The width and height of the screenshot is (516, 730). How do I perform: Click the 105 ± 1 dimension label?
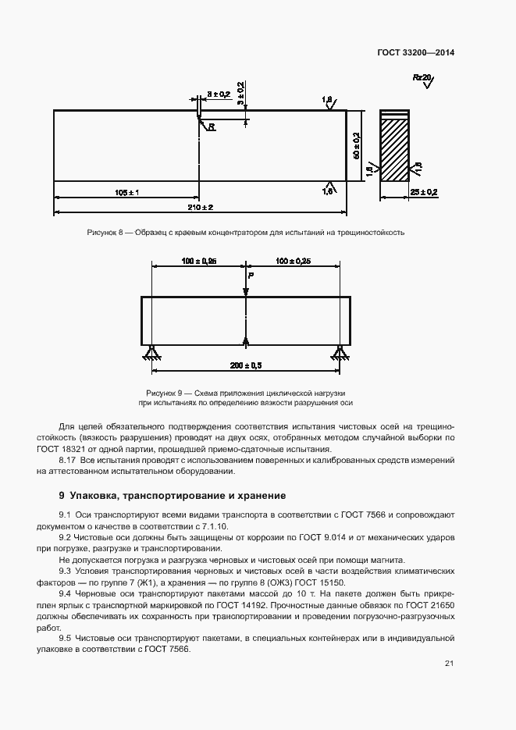(x=126, y=192)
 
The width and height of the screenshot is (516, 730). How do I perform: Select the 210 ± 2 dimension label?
(x=201, y=207)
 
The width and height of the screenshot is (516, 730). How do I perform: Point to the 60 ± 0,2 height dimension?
(x=356, y=146)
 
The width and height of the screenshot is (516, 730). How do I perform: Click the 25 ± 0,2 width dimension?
(x=424, y=192)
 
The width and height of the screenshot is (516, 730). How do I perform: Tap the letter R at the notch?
(x=211, y=125)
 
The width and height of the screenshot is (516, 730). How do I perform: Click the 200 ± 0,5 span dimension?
(x=246, y=365)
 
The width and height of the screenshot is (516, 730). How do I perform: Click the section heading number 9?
(x=62, y=496)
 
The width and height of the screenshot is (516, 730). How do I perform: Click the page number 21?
(x=449, y=664)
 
